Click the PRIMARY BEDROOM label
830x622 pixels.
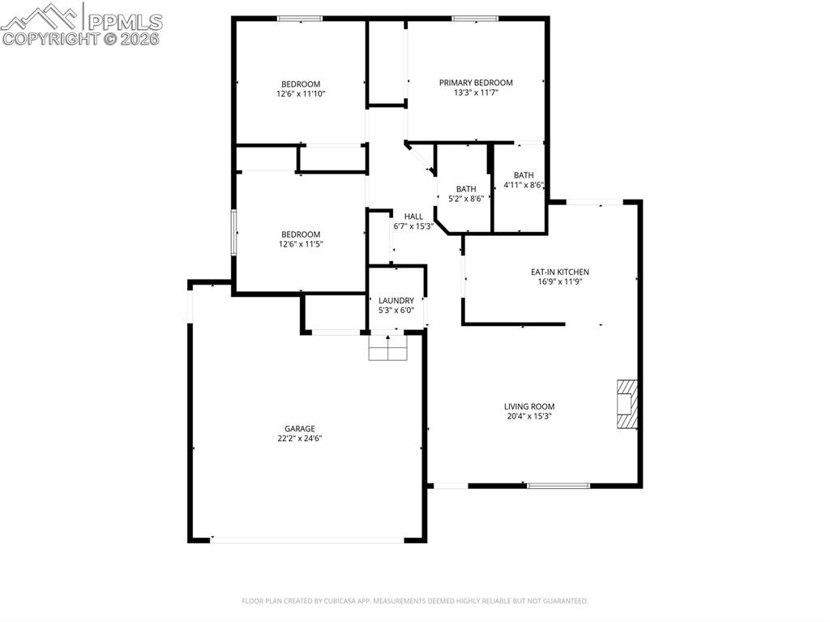click(476, 83)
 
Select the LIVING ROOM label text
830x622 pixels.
click(530, 407)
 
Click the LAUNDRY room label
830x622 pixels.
click(396, 301)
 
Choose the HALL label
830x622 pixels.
click(413, 217)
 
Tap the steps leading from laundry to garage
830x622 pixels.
click(387, 348)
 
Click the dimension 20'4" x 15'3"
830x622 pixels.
click(530, 417)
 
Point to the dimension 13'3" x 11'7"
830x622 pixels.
click(476, 93)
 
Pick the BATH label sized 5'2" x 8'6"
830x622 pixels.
click(466, 189)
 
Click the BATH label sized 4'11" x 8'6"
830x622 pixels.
click(524, 175)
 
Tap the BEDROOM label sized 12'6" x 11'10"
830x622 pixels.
click(300, 84)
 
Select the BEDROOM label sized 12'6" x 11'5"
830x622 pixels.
click(300, 234)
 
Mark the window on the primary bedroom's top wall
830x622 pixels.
click(475, 19)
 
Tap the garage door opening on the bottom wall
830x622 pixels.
click(307, 539)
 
